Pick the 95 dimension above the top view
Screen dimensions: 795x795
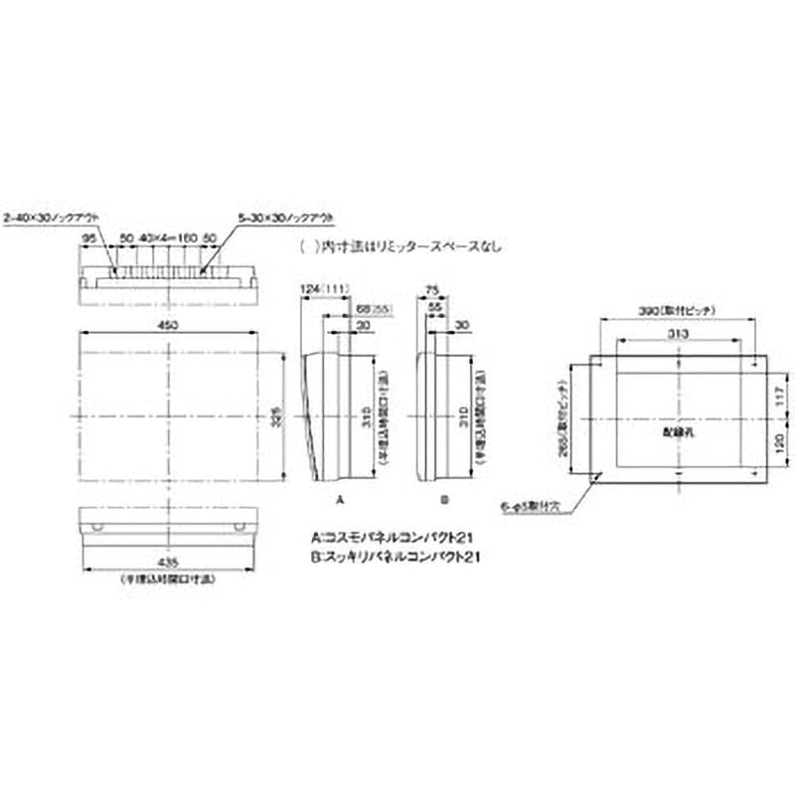pos(88,238)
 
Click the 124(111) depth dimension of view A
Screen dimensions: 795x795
pos(320,289)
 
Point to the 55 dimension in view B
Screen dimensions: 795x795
pos(436,308)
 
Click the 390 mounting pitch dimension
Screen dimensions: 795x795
pos(672,310)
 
